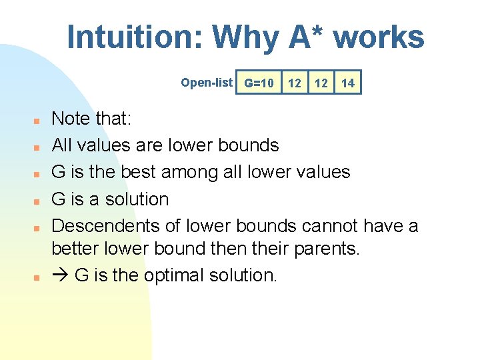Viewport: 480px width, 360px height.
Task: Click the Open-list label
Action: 207,83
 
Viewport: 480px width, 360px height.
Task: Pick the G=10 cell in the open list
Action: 259,83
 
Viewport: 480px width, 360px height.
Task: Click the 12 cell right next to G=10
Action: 294,83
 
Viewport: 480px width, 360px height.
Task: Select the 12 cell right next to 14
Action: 321,83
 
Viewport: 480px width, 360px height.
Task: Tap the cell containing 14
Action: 347,83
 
